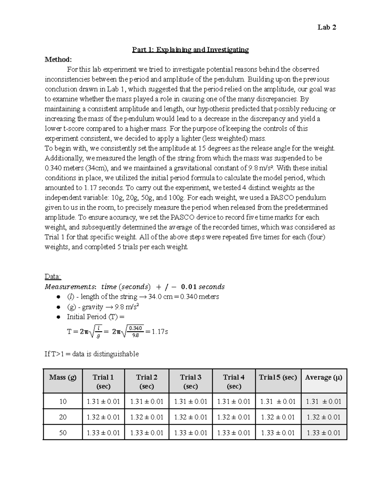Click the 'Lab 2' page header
point(327,27)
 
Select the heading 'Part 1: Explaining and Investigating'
point(190,50)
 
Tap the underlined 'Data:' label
point(53,276)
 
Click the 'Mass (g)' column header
point(63,377)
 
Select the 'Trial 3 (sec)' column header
point(190,381)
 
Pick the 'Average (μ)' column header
point(324,377)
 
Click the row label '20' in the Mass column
point(63,417)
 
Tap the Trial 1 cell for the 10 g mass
point(103,401)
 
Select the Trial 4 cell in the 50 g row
point(234,433)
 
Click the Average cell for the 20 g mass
point(324,417)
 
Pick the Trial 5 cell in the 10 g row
point(278,401)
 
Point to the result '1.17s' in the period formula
point(160,332)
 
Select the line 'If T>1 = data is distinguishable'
point(92,354)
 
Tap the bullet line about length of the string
point(143,297)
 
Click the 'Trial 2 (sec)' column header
point(147,381)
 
